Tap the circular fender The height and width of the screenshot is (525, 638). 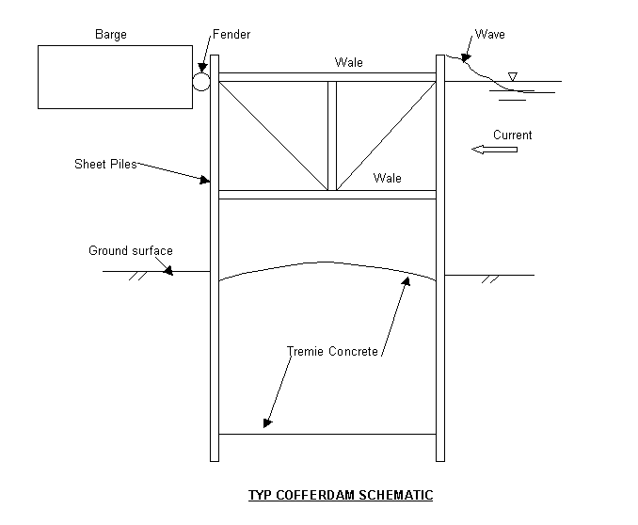pos(200,81)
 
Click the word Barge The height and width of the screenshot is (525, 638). pos(110,35)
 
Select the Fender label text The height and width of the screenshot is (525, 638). pos(232,35)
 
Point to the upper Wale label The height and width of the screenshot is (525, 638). pos(348,63)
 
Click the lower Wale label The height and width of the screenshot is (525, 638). pos(387,178)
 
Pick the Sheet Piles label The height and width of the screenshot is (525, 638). pos(105,164)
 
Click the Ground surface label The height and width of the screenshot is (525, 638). pos(131,251)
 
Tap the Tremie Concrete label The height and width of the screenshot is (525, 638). pos(332,352)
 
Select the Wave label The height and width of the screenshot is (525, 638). pos(489,35)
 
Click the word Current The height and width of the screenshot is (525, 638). pos(512,135)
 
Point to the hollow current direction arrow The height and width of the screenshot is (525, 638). pos(494,150)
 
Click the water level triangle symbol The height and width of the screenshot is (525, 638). pos(512,76)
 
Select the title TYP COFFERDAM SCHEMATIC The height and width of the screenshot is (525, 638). pos(340,495)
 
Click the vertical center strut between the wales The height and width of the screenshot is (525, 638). pos(331,135)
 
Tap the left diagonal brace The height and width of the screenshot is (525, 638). pos(272,134)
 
